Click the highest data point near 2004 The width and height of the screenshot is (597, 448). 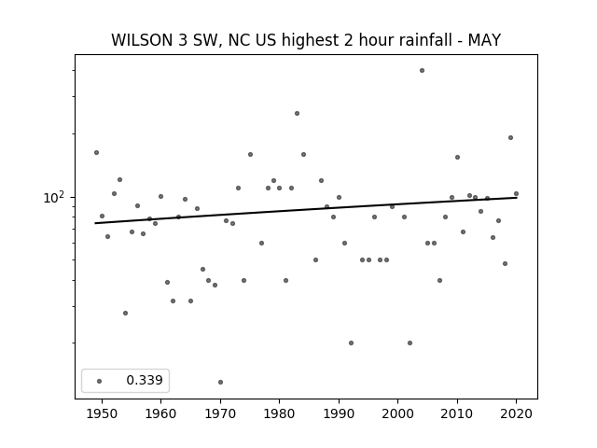(x=422, y=71)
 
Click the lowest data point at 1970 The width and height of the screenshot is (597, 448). (x=220, y=382)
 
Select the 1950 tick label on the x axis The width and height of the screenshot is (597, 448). (x=102, y=413)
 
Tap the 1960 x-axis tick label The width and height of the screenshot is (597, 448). (x=160, y=413)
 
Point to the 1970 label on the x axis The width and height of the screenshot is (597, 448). (x=220, y=413)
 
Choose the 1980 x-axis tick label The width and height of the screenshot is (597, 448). (x=279, y=413)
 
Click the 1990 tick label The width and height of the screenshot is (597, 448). (x=339, y=413)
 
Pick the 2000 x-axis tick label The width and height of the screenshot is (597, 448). (x=397, y=413)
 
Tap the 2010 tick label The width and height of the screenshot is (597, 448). (x=457, y=413)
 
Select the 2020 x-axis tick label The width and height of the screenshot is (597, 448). (x=516, y=413)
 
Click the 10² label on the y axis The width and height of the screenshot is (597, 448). (x=55, y=198)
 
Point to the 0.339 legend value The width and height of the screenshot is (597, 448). (x=145, y=380)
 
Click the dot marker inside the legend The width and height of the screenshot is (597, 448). (x=100, y=381)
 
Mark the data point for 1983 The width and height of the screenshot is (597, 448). (x=297, y=114)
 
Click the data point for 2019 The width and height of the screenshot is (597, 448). (x=510, y=138)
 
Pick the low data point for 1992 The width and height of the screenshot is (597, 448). (x=351, y=343)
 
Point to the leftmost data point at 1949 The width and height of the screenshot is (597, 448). (x=96, y=153)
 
